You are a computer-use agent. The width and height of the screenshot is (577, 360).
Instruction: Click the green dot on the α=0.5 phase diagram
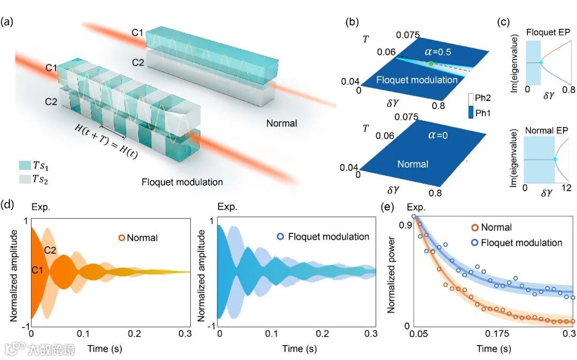[x=431, y=64]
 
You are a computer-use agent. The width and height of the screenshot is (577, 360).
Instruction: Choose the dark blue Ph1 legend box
[x=471, y=113]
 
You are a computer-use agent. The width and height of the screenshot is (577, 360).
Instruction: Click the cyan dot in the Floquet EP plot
[x=541, y=62]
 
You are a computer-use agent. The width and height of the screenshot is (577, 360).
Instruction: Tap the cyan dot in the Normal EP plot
[x=555, y=159]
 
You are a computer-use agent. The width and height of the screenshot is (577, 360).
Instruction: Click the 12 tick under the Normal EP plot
[x=567, y=188]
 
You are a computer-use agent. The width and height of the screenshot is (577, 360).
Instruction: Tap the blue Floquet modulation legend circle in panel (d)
[x=280, y=237]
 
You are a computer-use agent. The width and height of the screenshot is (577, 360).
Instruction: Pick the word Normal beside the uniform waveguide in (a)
[x=282, y=123]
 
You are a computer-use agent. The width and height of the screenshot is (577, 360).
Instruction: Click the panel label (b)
[x=352, y=22]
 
